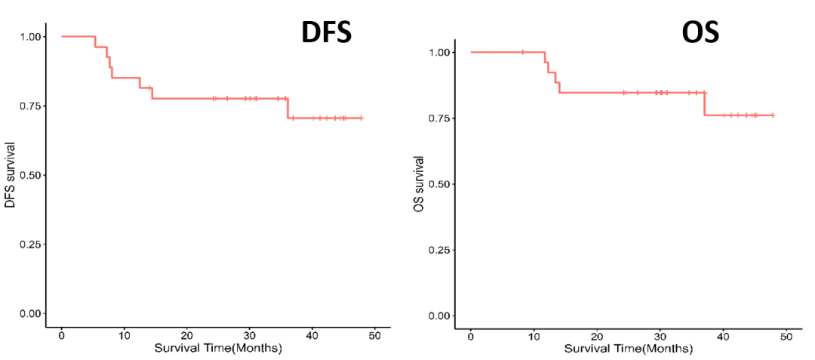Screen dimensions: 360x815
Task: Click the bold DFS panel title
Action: click(x=326, y=32)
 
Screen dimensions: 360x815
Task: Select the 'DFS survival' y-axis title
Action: click(x=11, y=174)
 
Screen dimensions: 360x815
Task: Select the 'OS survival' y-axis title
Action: click(x=419, y=183)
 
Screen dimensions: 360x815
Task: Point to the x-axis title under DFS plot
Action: click(x=218, y=349)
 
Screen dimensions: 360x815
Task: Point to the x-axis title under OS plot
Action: click(x=628, y=349)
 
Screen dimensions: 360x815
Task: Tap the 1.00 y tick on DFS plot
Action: click(x=30, y=36)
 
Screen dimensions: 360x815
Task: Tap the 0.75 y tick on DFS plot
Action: click(x=30, y=106)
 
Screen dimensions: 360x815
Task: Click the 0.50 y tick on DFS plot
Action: click(x=30, y=175)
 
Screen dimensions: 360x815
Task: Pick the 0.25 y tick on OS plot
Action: click(x=440, y=250)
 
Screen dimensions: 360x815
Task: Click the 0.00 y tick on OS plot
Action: click(x=440, y=315)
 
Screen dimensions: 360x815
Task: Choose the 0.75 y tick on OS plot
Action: click(x=440, y=118)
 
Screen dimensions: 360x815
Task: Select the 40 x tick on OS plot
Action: click(x=723, y=338)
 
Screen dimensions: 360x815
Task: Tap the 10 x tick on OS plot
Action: click(x=534, y=338)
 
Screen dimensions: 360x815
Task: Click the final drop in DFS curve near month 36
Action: click(x=288, y=108)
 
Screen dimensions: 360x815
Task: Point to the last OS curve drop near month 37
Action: click(x=704, y=104)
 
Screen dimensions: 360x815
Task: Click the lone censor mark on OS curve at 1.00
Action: click(x=523, y=52)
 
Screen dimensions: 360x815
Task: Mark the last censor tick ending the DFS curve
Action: click(x=361, y=118)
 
